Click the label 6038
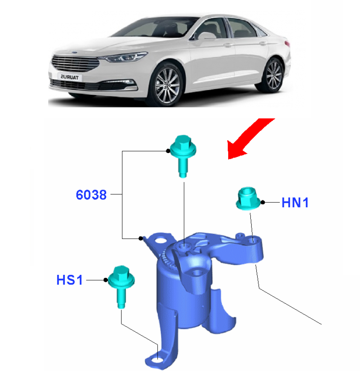click(91, 195)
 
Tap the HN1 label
click(295, 203)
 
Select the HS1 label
click(69, 280)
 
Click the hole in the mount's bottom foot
click(156, 364)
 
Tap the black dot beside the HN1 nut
click(263, 202)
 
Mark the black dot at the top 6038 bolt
click(168, 151)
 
